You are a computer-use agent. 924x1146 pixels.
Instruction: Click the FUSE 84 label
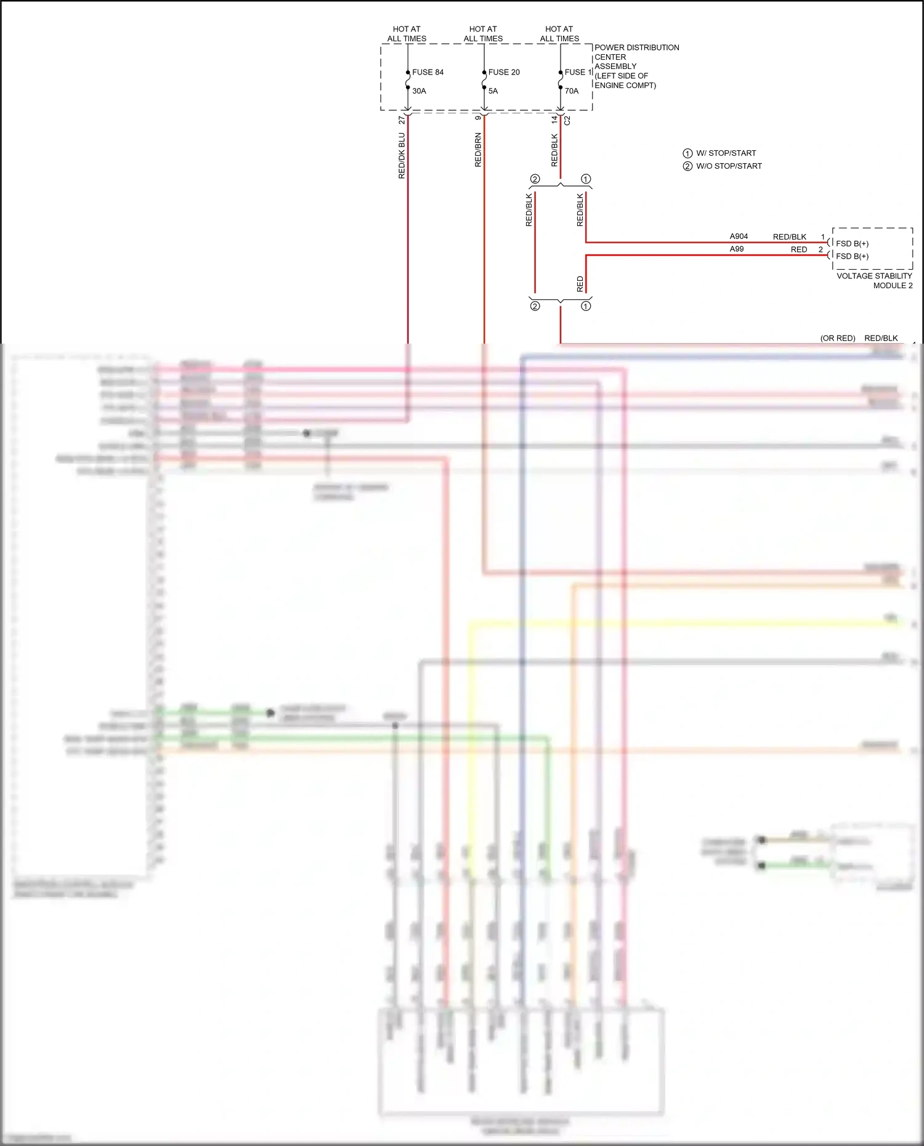(x=428, y=72)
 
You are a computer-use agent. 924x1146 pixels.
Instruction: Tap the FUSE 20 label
(x=504, y=72)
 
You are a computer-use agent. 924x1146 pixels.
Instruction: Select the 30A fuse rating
(x=419, y=91)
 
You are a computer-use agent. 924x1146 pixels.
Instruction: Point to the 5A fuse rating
(x=493, y=91)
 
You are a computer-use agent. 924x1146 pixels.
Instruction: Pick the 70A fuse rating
(x=572, y=91)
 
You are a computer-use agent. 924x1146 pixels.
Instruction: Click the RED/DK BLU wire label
(x=402, y=156)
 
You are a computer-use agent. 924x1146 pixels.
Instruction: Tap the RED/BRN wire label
(x=478, y=150)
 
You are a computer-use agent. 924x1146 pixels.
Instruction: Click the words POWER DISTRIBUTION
(x=636, y=47)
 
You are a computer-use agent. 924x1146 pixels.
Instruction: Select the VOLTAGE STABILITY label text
(x=873, y=276)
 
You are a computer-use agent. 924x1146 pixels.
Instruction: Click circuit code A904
(x=739, y=236)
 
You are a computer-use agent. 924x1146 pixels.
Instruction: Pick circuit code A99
(x=737, y=249)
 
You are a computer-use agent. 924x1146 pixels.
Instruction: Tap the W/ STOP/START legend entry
(x=726, y=153)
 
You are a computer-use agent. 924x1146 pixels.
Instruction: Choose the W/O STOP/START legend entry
(x=729, y=166)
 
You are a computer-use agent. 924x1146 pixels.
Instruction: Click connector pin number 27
(x=402, y=119)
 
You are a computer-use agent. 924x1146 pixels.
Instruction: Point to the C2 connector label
(x=567, y=121)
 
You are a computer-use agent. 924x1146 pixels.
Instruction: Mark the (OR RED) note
(x=838, y=338)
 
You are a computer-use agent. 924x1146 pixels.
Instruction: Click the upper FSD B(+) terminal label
(x=852, y=244)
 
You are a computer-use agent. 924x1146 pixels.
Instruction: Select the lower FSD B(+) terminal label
(x=852, y=256)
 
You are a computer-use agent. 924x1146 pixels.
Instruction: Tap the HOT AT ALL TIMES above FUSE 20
(x=483, y=34)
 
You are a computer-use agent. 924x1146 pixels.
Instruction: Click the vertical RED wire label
(x=580, y=284)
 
